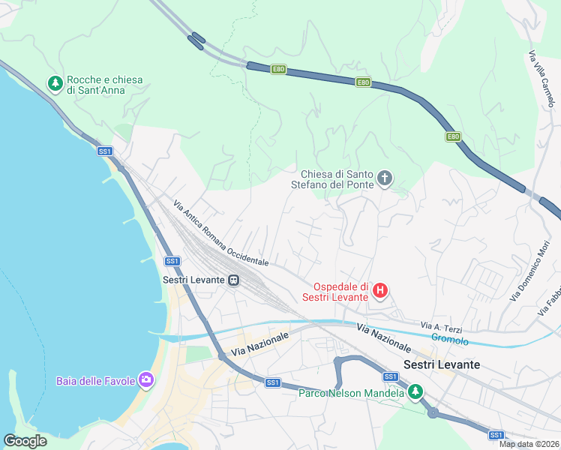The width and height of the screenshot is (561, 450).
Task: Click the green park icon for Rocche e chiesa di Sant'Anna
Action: [55, 84]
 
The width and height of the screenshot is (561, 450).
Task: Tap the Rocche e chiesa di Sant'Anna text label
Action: [106, 85]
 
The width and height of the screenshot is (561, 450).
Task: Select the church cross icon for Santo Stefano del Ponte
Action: [385, 178]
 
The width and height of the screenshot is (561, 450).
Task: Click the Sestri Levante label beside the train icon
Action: [193, 280]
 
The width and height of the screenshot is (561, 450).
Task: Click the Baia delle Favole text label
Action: [95, 381]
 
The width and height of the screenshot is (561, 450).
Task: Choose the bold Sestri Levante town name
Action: [442, 364]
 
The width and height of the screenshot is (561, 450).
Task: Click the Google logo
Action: [25, 441]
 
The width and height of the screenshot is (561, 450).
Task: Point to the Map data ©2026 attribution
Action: [529, 444]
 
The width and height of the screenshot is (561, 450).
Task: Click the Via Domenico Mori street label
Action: [535, 271]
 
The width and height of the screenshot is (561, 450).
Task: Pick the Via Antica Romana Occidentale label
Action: [220, 233]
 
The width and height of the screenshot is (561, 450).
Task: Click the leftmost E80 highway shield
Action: [278, 69]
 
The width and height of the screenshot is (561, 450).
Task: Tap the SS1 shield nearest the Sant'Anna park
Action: [105, 151]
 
